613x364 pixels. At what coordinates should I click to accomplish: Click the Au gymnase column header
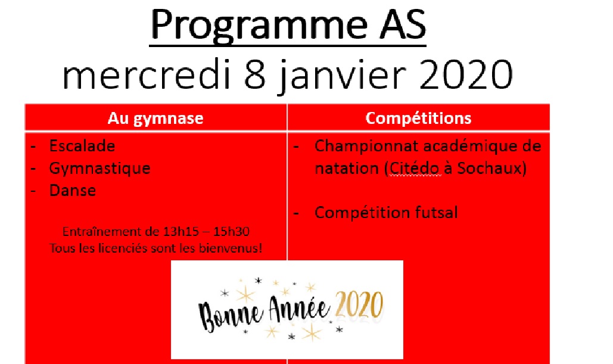[155, 118]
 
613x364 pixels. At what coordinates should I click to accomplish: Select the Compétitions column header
[418, 118]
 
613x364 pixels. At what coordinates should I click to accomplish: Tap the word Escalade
[82, 146]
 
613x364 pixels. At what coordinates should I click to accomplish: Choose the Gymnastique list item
[99, 169]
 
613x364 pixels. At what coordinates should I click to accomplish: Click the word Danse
[73, 191]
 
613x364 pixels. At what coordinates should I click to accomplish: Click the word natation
[347, 169]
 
